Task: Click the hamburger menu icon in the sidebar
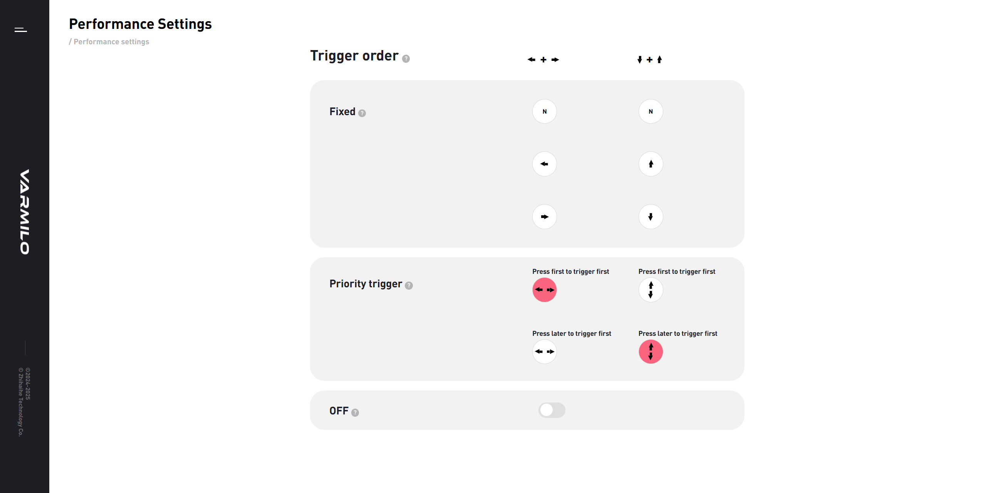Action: (21, 30)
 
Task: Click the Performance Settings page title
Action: (140, 24)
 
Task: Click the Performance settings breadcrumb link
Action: (111, 42)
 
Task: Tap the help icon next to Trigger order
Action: (406, 59)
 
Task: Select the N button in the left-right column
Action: (545, 111)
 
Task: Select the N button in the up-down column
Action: (651, 111)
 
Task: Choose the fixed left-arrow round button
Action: (545, 164)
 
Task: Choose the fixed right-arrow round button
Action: (545, 217)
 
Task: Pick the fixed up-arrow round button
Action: (651, 164)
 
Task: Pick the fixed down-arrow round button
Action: (651, 217)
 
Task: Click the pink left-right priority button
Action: (545, 290)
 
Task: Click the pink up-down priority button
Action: (651, 352)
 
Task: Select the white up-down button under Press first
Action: (651, 290)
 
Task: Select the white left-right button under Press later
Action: (545, 352)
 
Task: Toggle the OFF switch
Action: (552, 410)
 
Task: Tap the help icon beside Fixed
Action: (362, 113)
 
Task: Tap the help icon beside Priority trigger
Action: (409, 285)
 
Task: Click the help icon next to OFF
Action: (355, 413)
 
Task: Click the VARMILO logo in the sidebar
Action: (25, 212)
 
